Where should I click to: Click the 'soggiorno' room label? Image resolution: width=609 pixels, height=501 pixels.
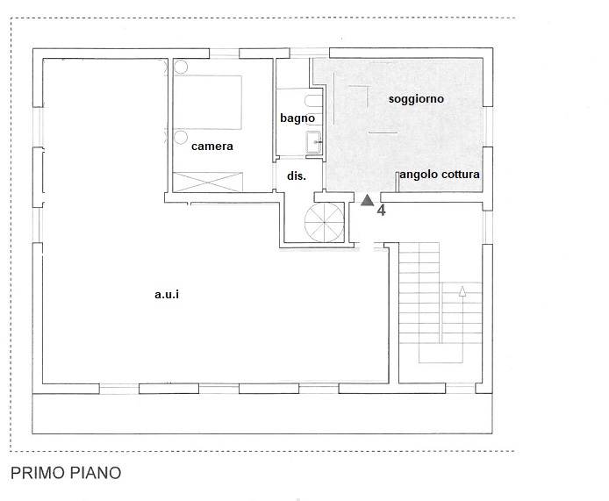pos(416,99)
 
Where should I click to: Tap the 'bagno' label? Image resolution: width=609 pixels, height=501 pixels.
pos(297,118)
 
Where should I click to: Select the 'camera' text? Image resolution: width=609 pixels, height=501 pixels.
pos(212,147)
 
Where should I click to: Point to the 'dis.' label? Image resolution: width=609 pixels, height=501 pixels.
pos(297,176)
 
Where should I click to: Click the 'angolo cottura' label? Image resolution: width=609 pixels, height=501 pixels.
pos(440,175)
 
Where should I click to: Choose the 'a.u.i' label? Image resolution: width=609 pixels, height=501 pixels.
pos(167,295)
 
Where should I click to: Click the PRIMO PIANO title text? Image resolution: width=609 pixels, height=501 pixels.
pos(66,473)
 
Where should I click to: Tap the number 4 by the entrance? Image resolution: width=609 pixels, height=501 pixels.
pos(382,211)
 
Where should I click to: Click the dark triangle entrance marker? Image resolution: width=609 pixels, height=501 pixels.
pos(367,200)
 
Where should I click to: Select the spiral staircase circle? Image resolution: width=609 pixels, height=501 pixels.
pos(325,222)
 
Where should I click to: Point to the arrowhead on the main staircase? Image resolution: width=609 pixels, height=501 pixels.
pos(462,291)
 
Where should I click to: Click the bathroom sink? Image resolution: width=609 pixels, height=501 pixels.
pos(313,142)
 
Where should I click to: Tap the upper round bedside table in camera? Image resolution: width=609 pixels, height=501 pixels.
pos(181,67)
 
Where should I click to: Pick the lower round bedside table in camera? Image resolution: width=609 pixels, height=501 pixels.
pos(181,137)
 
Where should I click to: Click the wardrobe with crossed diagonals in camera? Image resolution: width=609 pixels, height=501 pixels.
pos(208,182)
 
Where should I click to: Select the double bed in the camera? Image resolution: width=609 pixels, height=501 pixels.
pos(207,102)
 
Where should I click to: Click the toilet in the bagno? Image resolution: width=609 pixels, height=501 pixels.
pos(314,102)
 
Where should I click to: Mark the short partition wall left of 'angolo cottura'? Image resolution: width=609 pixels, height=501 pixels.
pos(398,182)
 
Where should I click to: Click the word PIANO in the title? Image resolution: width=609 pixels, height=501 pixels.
pos(95,473)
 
